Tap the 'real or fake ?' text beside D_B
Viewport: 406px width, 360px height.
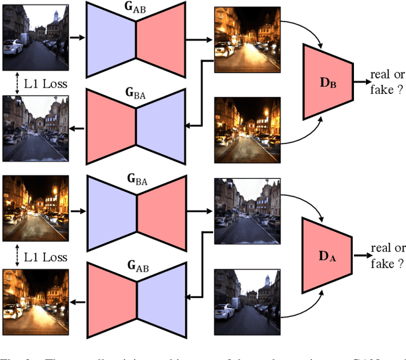click(x=387, y=82)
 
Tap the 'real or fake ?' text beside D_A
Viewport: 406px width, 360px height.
click(x=387, y=255)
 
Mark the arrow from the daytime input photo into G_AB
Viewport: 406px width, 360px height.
click(x=77, y=37)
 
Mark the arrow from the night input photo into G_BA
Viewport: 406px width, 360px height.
click(x=77, y=210)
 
